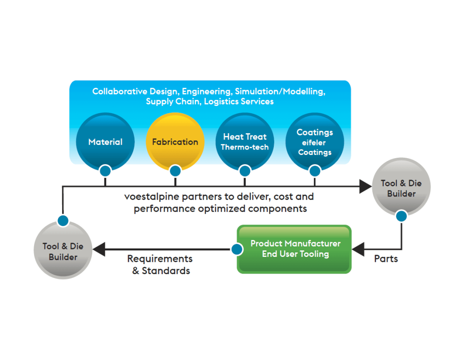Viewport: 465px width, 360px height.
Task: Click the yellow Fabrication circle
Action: [175, 142]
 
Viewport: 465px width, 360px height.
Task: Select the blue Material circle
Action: [105, 142]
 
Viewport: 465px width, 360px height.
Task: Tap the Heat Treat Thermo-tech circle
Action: [245, 142]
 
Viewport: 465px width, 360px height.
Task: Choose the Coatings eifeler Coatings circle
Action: [315, 142]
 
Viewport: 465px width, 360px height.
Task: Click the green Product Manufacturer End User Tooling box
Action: [294, 249]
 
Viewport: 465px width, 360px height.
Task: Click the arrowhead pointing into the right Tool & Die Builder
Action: [365, 186]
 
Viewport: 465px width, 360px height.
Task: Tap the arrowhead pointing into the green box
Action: [359, 249]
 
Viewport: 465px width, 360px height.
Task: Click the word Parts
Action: [386, 259]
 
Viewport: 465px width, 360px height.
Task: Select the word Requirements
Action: [160, 259]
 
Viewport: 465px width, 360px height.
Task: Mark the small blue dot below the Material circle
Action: [105, 171]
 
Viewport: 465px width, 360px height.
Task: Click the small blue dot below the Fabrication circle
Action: [175, 171]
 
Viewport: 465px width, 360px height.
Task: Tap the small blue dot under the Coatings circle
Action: [315, 171]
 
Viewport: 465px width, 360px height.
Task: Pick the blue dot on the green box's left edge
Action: [237, 249]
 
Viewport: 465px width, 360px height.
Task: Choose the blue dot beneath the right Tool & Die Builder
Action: [401, 216]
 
